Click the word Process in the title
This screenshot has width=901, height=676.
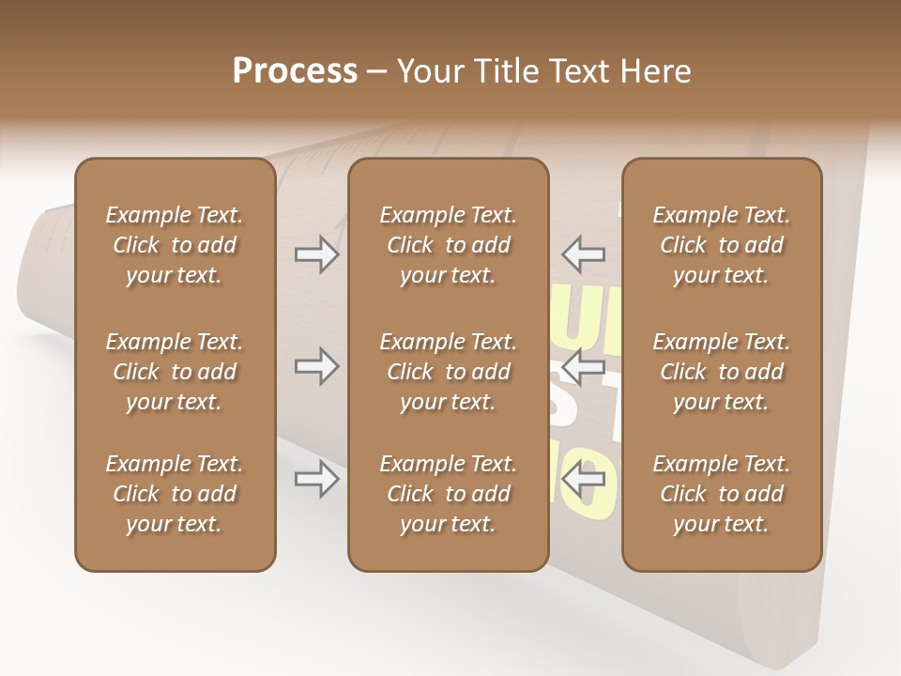[295, 71]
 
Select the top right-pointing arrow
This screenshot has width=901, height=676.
[316, 254]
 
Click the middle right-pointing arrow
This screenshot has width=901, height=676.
[316, 366]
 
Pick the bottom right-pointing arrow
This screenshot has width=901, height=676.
[316, 480]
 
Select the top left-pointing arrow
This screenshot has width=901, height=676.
[583, 254]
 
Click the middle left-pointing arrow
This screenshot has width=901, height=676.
[583, 366]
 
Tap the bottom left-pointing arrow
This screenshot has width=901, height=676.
[583, 480]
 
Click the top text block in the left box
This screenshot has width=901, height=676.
[175, 245]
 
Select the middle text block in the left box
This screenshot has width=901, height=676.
[175, 372]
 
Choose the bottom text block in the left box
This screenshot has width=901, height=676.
[175, 494]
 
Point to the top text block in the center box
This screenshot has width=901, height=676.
[448, 245]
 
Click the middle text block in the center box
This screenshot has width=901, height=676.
[448, 372]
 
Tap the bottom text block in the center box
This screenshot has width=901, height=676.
[448, 494]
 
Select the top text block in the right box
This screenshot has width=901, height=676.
[721, 245]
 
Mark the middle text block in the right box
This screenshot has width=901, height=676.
[721, 372]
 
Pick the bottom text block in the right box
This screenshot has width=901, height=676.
[721, 494]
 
